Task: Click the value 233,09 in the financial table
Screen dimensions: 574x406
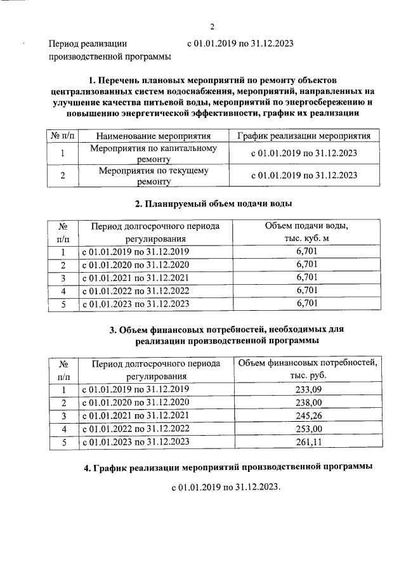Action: click(x=308, y=389)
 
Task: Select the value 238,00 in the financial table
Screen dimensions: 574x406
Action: click(x=308, y=402)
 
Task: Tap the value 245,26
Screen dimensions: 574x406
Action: click(x=308, y=415)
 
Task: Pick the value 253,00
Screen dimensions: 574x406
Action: click(x=308, y=429)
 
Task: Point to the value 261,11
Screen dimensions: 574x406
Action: click(x=308, y=442)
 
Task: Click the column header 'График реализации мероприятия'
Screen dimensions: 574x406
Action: click(x=304, y=136)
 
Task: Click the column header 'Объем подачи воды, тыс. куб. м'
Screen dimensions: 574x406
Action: click(x=306, y=232)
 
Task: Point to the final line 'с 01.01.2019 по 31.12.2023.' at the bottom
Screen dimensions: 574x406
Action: click(x=225, y=489)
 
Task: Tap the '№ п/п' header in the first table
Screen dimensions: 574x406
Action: click(x=62, y=136)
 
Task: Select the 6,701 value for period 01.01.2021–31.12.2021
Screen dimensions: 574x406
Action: click(x=306, y=278)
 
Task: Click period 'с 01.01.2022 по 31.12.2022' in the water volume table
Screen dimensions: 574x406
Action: click(x=136, y=291)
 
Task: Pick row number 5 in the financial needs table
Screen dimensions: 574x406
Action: click(x=63, y=442)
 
